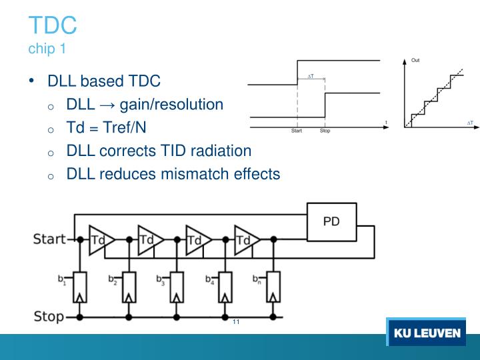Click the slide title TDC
point(53,26)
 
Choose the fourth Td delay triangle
point(245,239)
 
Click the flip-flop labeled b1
point(81,288)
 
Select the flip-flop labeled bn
point(272,288)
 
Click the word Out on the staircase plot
point(415,61)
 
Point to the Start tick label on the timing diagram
point(297,131)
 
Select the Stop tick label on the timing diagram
point(325,131)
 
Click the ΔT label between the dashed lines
point(311,77)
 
